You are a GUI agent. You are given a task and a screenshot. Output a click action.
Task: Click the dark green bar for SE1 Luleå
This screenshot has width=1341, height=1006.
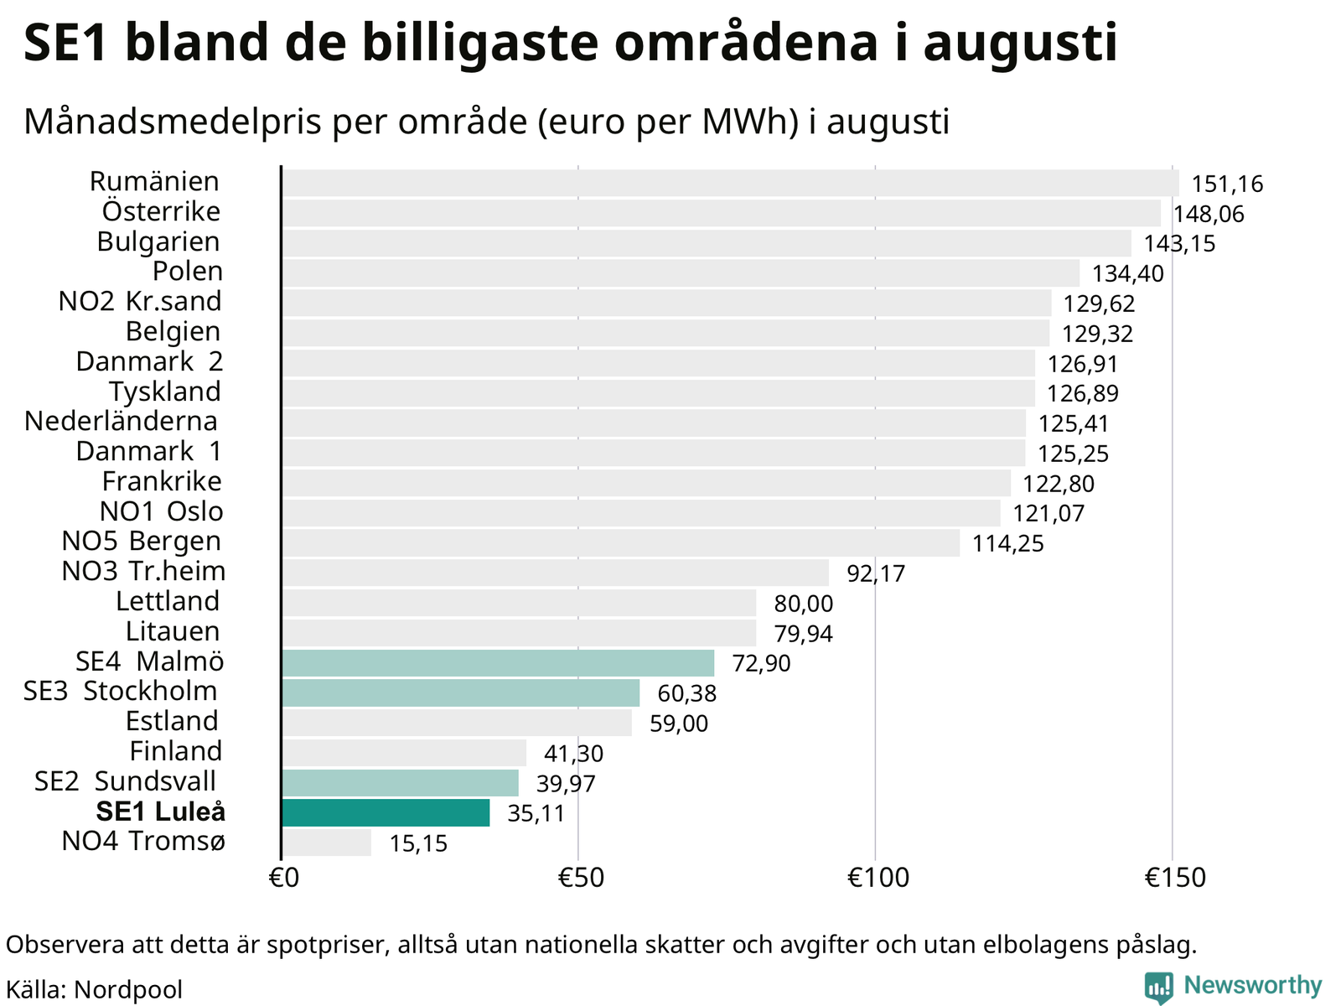click(x=386, y=812)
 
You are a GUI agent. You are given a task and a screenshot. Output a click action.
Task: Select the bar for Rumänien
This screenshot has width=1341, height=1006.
click(x=730, y=183)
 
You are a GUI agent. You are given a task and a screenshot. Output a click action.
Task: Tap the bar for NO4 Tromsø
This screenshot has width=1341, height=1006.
click(x=326, y=843)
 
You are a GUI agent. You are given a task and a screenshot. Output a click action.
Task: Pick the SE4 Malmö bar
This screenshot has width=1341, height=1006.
click(x=498, y=663)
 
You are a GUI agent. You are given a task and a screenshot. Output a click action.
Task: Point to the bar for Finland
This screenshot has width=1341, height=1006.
click(x=404, y=753)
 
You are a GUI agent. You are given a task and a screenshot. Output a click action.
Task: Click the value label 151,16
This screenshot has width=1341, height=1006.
click(x=1227, y=184)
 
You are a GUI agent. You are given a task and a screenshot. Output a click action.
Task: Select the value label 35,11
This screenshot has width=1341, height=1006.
click(x=536, y=813)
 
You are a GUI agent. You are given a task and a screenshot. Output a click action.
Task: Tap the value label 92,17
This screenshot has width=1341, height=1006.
click(x=876, y=573)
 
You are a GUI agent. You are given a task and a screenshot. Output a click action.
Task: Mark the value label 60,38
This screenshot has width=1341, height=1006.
click(x=686, y=693)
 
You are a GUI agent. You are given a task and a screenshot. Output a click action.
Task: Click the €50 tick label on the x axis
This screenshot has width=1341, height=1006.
click(x=581, y=878)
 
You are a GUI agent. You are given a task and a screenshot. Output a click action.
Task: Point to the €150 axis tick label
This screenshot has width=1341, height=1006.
click(x=1175, y=878)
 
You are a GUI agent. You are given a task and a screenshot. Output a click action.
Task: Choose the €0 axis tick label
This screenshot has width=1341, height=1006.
click(x=284, y=878)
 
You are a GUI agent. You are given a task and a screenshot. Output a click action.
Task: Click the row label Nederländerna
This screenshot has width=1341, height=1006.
click(x=121, y=422)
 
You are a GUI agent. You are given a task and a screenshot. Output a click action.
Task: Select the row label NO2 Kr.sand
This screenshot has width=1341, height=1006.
click(x=140, y=301)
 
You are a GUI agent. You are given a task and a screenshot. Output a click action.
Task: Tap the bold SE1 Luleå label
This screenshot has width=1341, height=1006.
click(x=161, y=812)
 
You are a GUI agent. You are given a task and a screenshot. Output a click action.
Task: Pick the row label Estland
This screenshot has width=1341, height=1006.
click(x=172, y=721)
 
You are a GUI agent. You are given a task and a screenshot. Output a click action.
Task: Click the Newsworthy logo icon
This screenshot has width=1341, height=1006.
click(x=1159, y=987)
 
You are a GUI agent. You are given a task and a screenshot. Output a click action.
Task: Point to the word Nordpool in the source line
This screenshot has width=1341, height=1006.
click(x=128, y=989)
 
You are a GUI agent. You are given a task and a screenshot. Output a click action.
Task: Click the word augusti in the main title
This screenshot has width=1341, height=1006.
click(x=1020, y=44)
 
